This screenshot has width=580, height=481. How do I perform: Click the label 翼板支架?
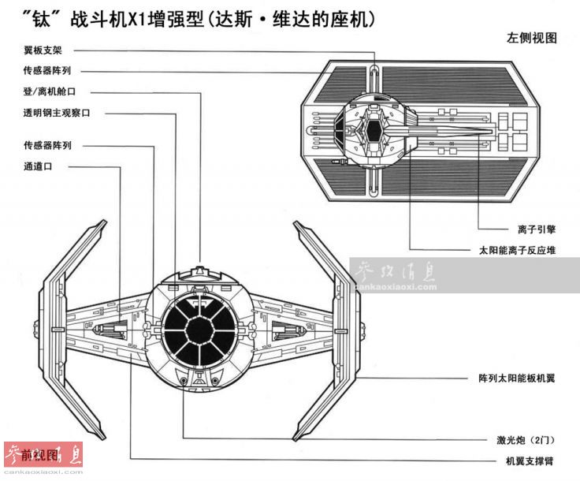pyautogui.click(x=43, y=49)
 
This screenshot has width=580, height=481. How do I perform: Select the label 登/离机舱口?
pyautogui.click(x=49, y=91)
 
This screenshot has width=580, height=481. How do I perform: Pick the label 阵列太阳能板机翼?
pyautogui.click(x=517, y=378)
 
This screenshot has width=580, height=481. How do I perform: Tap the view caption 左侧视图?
pyautogui.click(x=533, y=37)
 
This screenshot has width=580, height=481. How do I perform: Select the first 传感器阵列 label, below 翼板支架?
pyautogui.click(x=49, y=70)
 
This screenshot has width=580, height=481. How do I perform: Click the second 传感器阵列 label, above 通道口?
pyautogui.click(x=49, y=145)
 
